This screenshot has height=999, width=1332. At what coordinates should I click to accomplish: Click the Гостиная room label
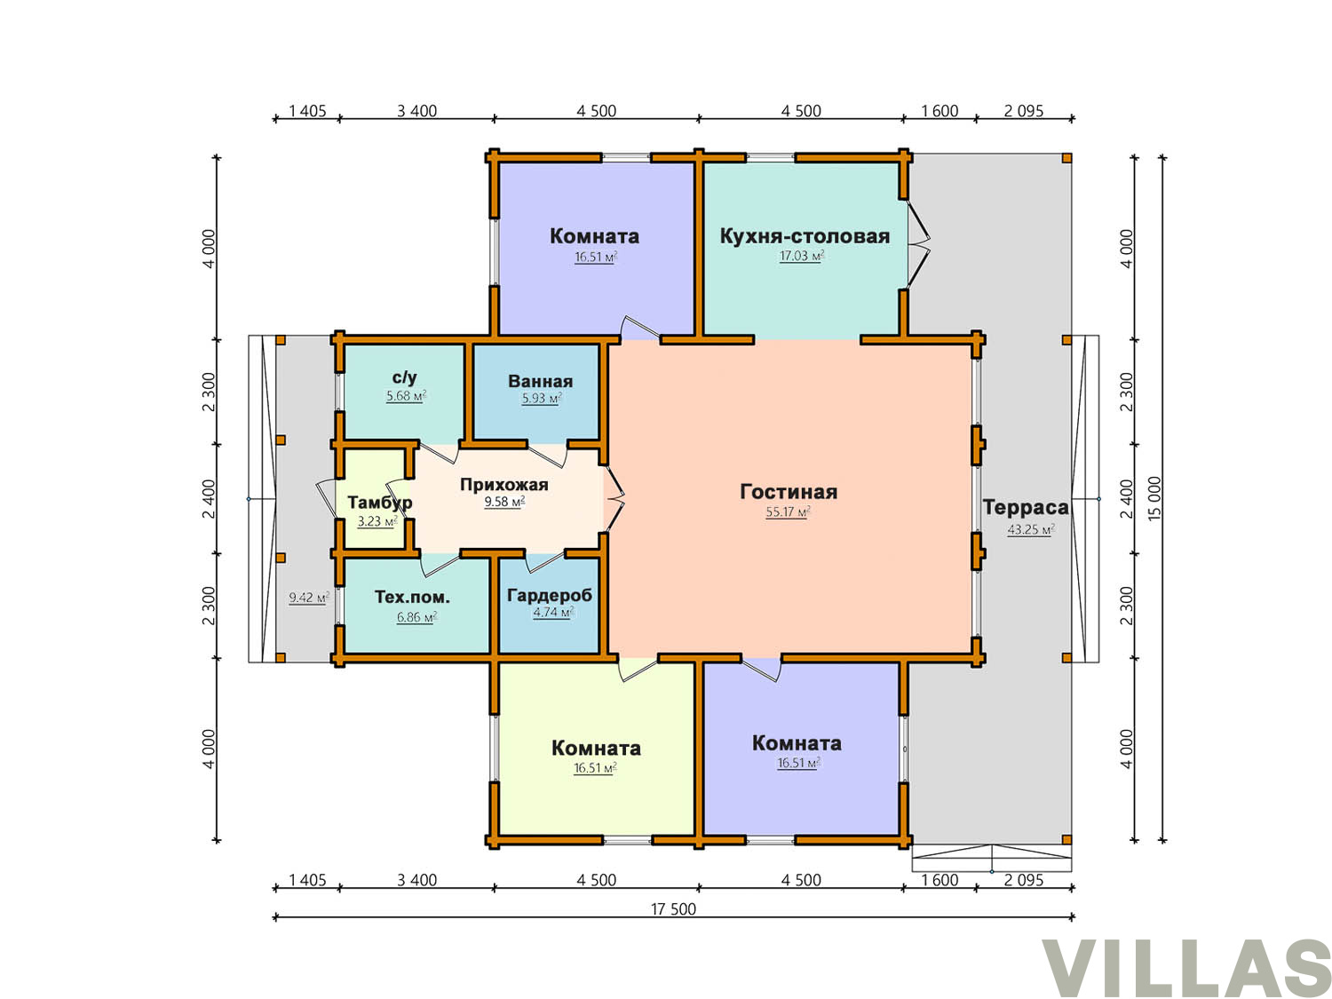[788, 492]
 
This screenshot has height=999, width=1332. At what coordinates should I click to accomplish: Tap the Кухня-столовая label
[805, 236]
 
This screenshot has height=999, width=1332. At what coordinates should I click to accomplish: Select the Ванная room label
[540, 381]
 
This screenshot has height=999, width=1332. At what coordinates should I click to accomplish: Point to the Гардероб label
[549, 596]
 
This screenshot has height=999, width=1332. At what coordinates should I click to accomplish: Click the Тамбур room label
[380, 503]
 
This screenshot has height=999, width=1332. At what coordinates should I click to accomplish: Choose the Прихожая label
[503, 485]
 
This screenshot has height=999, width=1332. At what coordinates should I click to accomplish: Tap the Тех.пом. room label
[412, 597]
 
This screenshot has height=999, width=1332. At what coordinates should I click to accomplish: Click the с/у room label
[404, 377]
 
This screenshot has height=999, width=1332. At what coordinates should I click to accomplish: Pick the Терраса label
[1025, 507]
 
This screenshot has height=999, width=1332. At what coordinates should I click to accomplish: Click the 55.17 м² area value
[788, 512]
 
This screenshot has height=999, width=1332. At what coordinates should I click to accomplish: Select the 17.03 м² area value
[802, 256]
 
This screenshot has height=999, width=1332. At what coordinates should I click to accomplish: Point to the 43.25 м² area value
[1030, 529]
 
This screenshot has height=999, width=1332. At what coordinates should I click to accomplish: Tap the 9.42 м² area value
[309, 598]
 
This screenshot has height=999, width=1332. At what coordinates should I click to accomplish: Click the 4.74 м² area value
[553, 612]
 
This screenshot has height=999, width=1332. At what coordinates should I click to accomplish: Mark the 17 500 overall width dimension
[674, 908]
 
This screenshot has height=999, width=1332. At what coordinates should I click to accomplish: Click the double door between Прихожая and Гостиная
[614, 498]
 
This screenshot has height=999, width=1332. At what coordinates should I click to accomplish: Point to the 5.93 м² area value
[542, 399]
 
